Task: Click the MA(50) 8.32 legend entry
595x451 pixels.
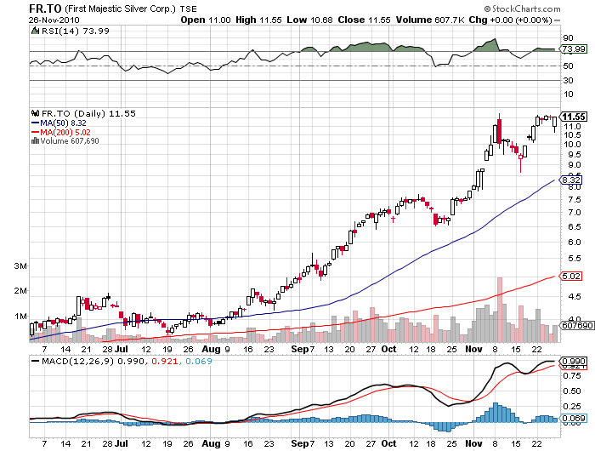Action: [61, 123]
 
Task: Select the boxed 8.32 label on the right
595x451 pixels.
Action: [571, 180]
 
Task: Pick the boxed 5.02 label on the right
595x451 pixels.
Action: [571, 275]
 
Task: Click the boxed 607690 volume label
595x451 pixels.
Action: [577, 325]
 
